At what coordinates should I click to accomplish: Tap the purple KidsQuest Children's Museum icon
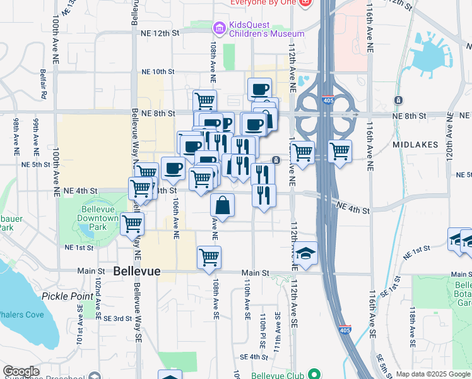coord(219,27)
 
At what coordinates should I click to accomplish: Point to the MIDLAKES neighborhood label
coord(415,145)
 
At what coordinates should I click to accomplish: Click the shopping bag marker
coord(223,205)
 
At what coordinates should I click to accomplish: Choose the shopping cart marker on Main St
coord(209,257)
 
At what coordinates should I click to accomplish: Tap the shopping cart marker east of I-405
coord(339,152)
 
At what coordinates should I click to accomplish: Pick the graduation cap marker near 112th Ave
coord(305,253)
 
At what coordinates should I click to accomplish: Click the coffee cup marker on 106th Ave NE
coord(173,168)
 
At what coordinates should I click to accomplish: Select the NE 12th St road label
coord(161,32)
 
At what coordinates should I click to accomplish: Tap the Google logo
coord(21,371)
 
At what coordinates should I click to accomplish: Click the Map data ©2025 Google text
coord(432,374)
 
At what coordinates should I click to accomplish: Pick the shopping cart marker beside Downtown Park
coord(133,223)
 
